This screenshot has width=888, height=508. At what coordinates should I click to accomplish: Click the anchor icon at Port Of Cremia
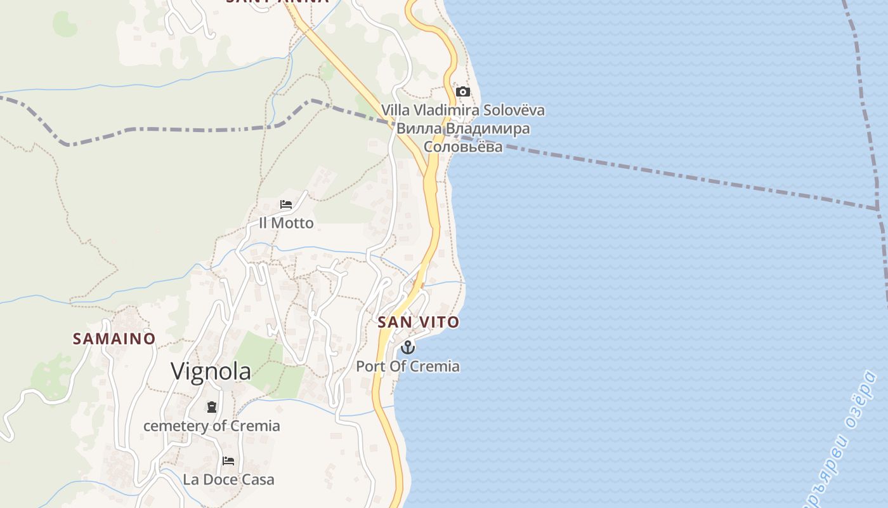[408, 347]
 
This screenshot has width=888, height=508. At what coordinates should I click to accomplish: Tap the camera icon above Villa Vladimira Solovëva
[462, 91]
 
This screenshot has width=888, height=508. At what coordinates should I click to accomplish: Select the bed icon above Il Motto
[286, 204]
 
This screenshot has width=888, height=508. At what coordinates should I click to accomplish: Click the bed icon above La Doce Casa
[228, 460]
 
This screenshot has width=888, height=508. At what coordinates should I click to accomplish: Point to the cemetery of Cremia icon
[212, 406]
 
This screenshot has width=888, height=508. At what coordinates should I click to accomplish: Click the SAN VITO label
[418, 322]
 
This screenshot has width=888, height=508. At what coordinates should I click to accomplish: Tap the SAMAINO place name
[114, 338]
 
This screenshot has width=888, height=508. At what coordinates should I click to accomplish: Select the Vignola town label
[211, 371]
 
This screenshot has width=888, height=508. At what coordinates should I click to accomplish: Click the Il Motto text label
[286, 223]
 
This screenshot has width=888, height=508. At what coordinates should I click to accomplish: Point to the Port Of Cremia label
[408, 366]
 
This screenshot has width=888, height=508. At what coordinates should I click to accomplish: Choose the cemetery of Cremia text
[212, 425]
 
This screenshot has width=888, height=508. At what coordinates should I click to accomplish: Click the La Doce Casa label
[228, 479]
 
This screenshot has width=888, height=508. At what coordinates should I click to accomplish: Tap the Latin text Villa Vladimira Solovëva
[463, 110]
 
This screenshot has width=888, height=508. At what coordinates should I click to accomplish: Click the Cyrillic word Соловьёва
[463, 147]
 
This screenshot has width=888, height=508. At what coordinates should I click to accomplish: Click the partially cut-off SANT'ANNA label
[277, 2]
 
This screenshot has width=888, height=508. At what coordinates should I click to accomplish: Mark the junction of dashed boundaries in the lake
[878, 209]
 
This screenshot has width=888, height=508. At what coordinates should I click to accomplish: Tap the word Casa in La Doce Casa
[258, 479]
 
